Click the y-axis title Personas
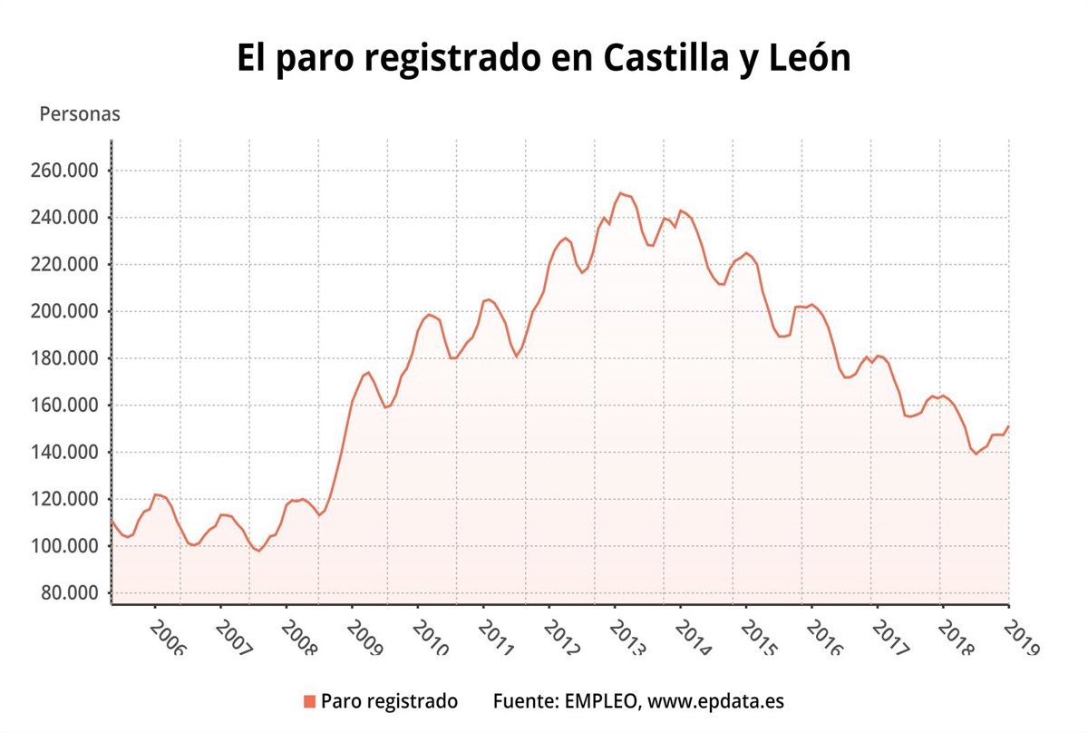tap(80, 115)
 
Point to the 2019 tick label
tap(1020, 639)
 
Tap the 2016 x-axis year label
tap(823, 639)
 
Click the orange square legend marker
tap(309, 701)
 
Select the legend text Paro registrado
tap(389, 701)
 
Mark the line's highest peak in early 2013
tap(620, 192)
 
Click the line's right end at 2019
tap(1008, 426)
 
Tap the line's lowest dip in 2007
tap(259, 551)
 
